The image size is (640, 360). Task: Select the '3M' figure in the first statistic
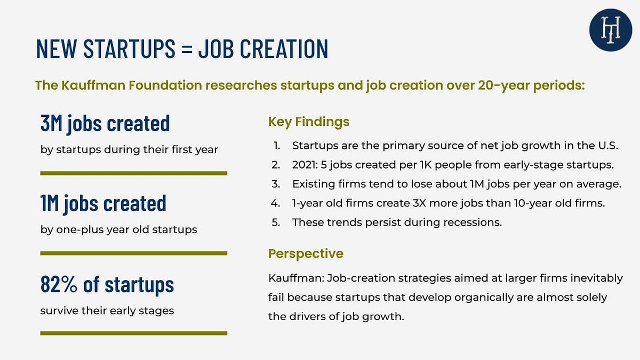point(52,123)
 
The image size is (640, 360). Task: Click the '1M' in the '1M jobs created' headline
point(50,203)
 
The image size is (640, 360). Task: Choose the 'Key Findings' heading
point(309,122)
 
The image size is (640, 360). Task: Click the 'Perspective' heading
point(306,253)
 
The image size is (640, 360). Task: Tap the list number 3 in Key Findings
point(276,184)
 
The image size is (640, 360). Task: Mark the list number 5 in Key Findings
point(276,222)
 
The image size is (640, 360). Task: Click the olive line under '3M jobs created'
point(134,173)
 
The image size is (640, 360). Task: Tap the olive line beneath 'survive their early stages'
point(134,333)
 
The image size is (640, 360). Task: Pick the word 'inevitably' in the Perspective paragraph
point(596,278)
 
